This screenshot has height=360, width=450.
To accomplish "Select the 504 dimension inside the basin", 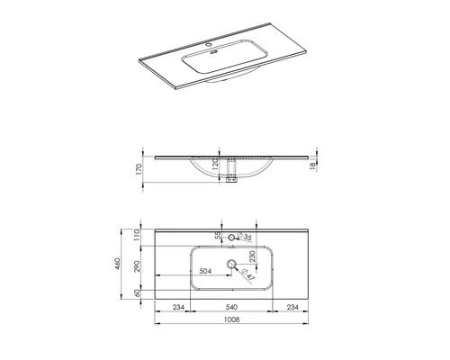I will click(x=206, y=270).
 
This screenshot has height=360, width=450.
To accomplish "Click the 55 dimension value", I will click(x=219, y=236).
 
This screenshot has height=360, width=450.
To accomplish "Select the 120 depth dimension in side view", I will click(x=215, y=167).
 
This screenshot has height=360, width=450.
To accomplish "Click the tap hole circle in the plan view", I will click(x=232, y=238).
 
